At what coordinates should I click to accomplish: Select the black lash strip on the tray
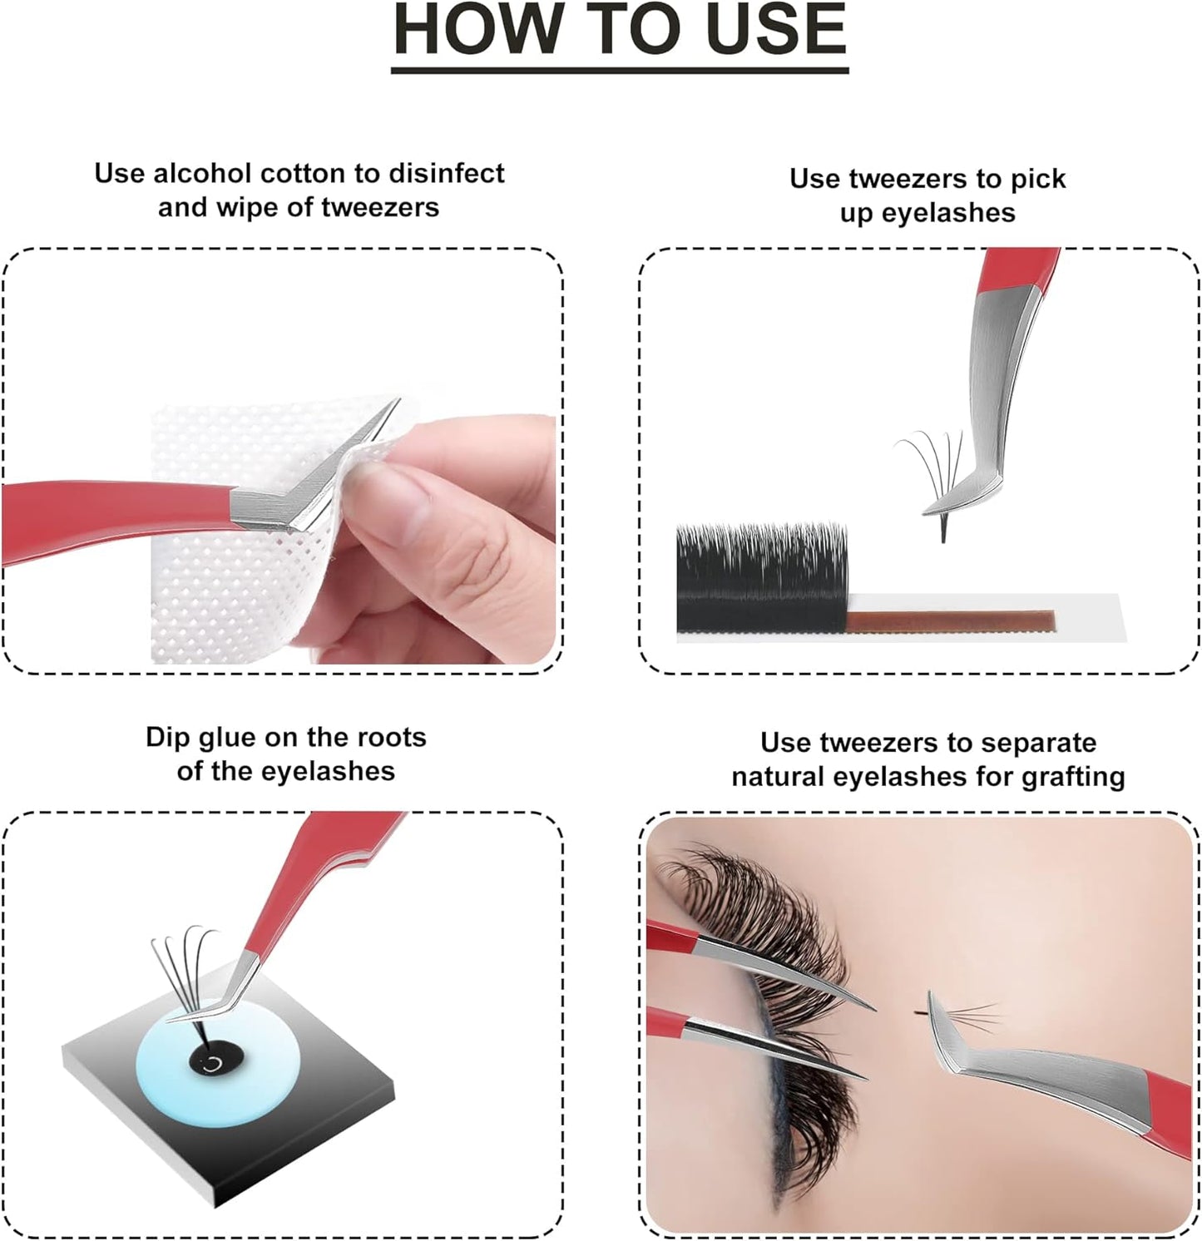coord(761,578)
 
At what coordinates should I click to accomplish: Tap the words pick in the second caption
coord(1035,179)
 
